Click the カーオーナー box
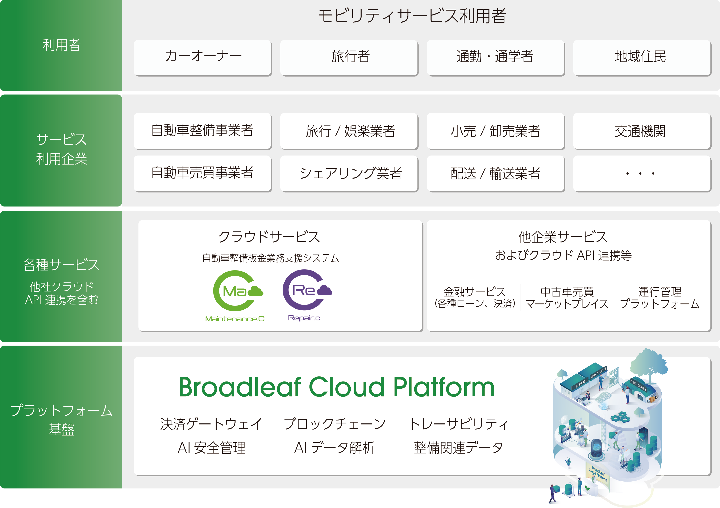(x=203, y=57)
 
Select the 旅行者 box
(x=349, y=57)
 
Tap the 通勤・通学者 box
(x=495, y=57)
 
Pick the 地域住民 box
(x=642, y=57)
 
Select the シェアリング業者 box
(x=349, y=173)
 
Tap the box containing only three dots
(x=642, y=173)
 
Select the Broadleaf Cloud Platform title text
(x=337, y=387)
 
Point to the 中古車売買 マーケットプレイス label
(x=567, y=298)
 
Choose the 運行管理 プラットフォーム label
(x=660, y=298)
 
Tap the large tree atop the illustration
(x=649, y=363)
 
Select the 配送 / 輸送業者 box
(x=495, y=173)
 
